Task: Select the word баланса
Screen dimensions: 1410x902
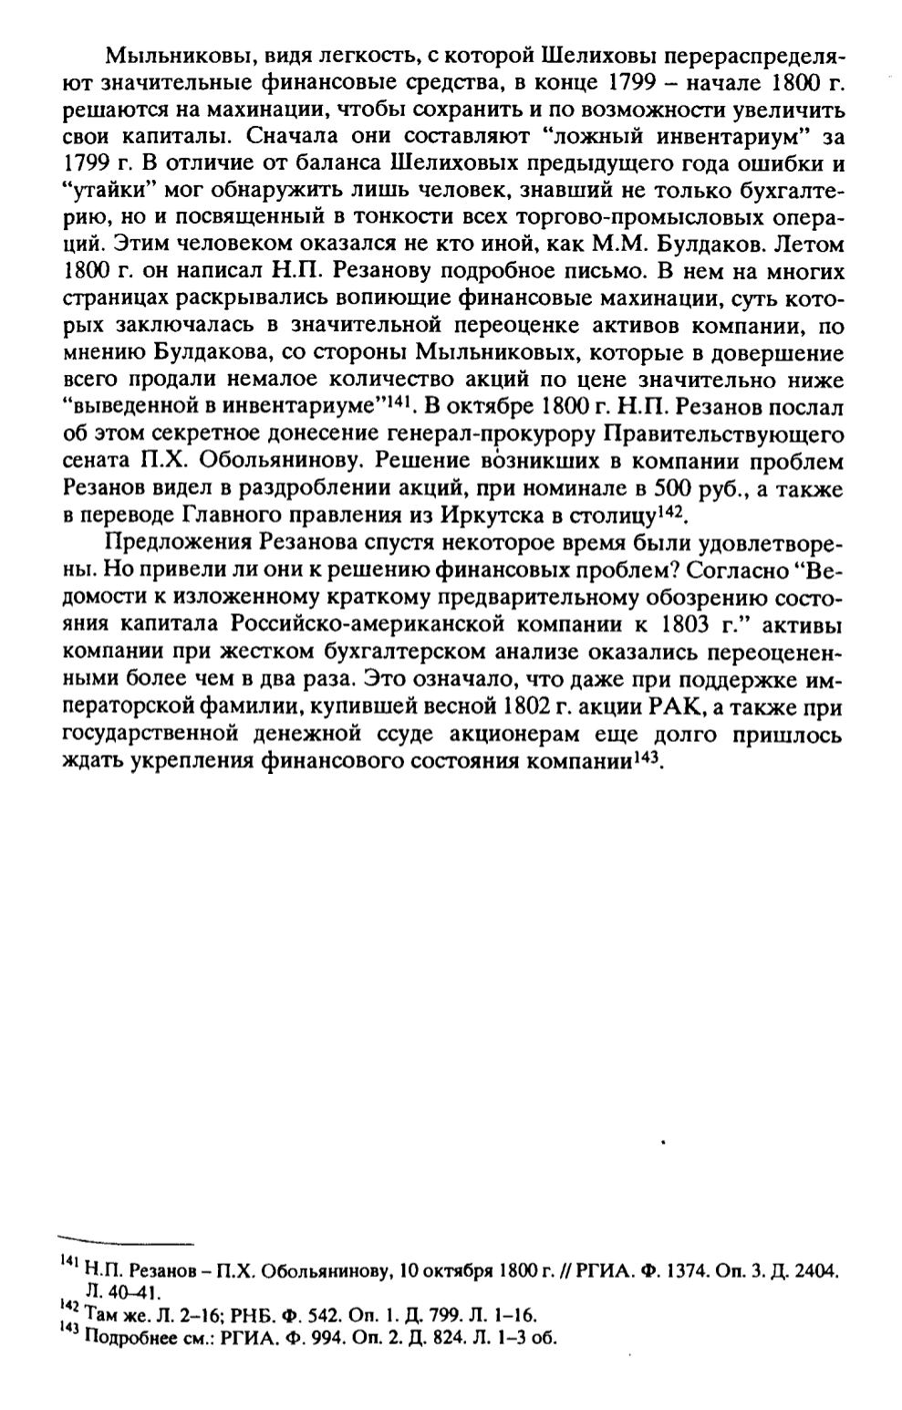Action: coord(342,166)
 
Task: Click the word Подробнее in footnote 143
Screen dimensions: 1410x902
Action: coord(119,1338)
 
